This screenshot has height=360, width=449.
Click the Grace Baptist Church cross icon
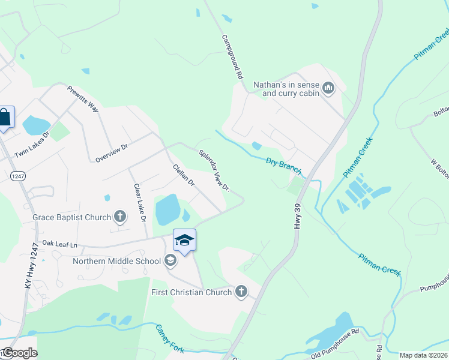pos(120,217)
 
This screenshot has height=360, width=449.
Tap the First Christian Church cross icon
pos(241,292)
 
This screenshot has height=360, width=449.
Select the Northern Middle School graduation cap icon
pos(170,260)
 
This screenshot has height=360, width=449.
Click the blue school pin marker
pos(184,241)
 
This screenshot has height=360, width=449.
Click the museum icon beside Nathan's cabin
pos(328,89)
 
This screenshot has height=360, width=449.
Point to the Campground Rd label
pos(232,57)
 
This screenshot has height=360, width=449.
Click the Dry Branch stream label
pos(283,166)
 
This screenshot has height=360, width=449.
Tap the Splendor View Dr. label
pos(215,171)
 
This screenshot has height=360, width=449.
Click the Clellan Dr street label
pos(184,175)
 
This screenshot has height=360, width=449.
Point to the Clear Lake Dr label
pos(140,203)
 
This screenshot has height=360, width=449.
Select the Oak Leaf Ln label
pos(60,245)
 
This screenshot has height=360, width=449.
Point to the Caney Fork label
pos(169,339)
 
